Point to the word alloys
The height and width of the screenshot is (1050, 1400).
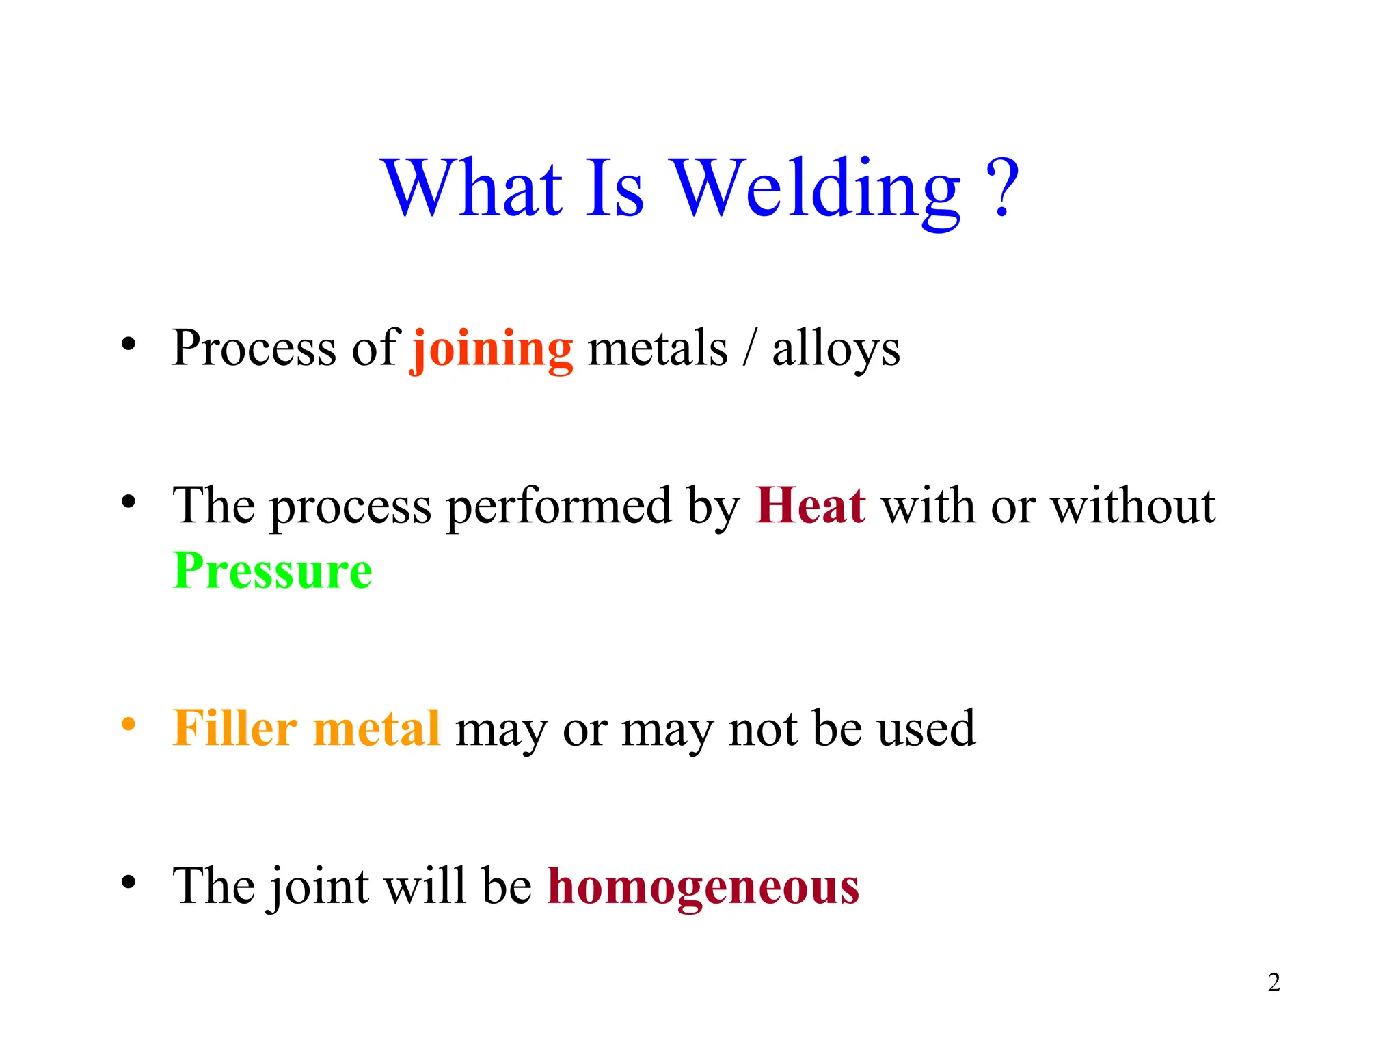(835, 349)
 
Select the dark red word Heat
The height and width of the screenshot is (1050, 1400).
(811, 506)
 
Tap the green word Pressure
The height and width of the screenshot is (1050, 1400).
(272, 571)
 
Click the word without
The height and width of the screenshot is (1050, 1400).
(1133, 506)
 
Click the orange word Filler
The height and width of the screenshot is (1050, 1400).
(234, 728)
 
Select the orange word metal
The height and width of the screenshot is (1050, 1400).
(376, 728)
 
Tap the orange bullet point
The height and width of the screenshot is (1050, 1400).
(128, 724)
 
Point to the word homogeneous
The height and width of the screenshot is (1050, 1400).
(703, 887)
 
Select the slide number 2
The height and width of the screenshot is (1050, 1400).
(1274, 982)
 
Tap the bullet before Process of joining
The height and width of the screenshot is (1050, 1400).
(128, 344)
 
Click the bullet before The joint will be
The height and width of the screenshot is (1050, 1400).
(128, 882)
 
